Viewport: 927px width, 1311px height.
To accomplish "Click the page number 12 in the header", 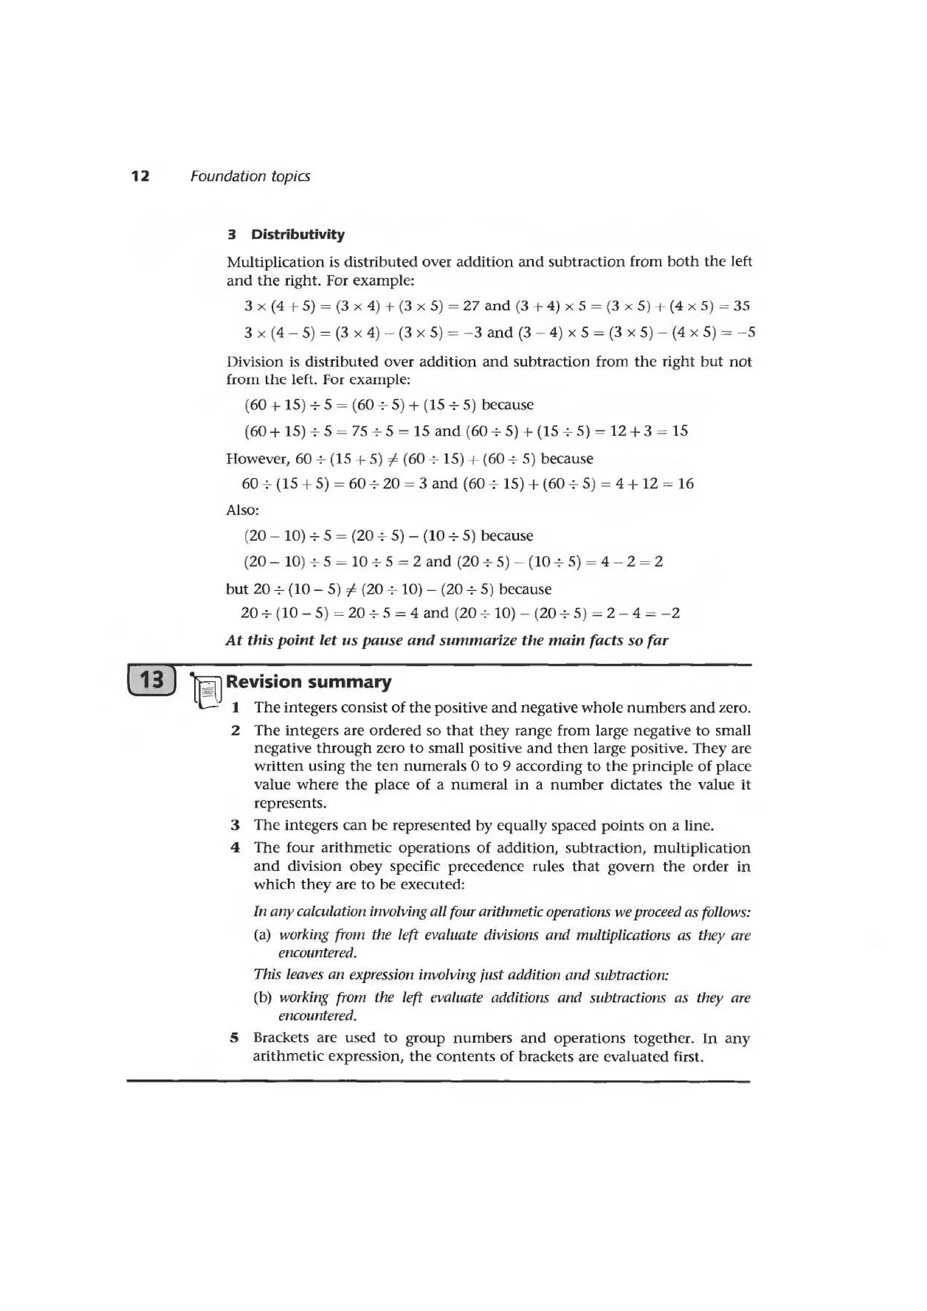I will (140, 176).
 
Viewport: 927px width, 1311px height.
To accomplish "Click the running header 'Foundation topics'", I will (250, 176).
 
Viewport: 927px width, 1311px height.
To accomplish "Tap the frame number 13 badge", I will (151, 680).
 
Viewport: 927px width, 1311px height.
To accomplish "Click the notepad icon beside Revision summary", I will (207, 690).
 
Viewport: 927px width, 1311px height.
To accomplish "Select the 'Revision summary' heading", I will (309, 682).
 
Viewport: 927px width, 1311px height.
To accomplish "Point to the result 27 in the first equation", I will (471, 306).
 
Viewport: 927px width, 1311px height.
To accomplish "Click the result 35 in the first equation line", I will (741, 306).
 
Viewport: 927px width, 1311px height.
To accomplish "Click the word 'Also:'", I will (243, 510).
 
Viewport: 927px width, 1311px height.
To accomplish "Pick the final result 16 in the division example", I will (685, 484).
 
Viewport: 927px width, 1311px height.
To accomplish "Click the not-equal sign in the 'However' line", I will (393, 459).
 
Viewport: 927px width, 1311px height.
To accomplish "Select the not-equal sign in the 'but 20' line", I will (351, 589).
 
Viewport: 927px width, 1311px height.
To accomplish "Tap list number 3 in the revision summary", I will (235, 826).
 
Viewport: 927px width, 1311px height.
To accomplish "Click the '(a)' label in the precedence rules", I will (263, 935).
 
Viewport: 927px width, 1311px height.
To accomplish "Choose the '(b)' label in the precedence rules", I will (263, 997).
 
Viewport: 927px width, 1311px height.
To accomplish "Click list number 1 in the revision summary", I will (235, 708).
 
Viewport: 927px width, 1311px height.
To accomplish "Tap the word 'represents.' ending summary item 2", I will (290, 803).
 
